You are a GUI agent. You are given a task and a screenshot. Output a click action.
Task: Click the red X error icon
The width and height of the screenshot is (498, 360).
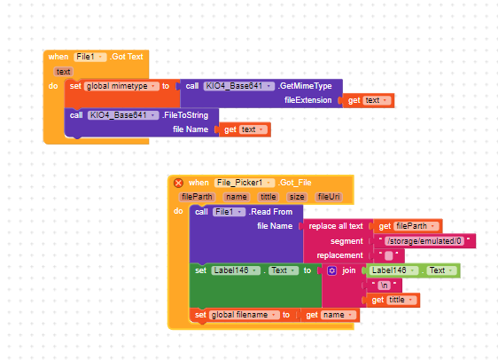pyautogui.click(x=178, y=183)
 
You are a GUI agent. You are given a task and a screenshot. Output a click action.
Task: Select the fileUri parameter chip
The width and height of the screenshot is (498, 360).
pyautogui.click(x=329, y=197)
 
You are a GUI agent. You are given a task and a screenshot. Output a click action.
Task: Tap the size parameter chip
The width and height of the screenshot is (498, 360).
pyautogui.click(x=297, y=197)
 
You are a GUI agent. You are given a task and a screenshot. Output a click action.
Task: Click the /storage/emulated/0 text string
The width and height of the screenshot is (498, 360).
pyautogui.click(x=424, y=241)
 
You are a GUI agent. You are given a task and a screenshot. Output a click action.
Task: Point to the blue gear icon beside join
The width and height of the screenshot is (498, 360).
pyautogui.click(x=332, y=270)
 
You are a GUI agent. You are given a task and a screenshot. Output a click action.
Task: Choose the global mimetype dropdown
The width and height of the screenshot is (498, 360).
pyautogui.click(x=121, y=86)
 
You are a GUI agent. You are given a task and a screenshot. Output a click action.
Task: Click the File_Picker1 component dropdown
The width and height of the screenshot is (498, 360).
pyautogui.click(x=245, y=183)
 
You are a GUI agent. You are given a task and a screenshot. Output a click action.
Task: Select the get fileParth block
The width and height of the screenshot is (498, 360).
pyautogui.click(x=407, y=226)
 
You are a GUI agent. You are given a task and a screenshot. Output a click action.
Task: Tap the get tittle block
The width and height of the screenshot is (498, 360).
pyautogui.click(x=393, y=300)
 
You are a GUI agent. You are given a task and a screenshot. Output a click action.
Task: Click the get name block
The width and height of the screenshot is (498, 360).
pyautogui.click(x=330, y=315)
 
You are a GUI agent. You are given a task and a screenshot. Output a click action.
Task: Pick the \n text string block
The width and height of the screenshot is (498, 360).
pyautogui.click(x=384, y=286)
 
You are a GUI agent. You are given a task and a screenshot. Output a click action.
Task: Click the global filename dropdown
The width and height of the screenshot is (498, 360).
pyautogui.click(x=244, y=315)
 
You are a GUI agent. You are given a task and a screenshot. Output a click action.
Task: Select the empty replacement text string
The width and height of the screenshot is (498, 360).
pyautogui.click(x=389, y=255)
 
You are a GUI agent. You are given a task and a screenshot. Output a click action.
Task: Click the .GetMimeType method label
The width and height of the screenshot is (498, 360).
pyautogui.click(x=305, y=86)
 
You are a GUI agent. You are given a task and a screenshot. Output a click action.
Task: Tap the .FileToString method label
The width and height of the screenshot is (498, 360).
pyautogui.click(x=185, y=115)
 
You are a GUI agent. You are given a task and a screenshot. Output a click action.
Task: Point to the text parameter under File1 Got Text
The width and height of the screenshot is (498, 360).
pyautogui.click(x=64, y=72)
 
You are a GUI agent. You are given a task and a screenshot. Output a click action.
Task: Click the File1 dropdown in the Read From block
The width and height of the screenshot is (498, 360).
pyautogui.click(x=229, y=212)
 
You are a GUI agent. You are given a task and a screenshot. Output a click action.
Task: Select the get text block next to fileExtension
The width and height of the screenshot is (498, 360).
pyautogui.click(x=369, y=100)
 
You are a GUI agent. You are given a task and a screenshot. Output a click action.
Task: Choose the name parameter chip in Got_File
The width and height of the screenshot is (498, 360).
pyautogui.click(x=237, y=197)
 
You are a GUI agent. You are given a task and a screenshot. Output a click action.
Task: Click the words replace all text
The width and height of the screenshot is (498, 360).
pyautogui.click(x=336, y=226)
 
